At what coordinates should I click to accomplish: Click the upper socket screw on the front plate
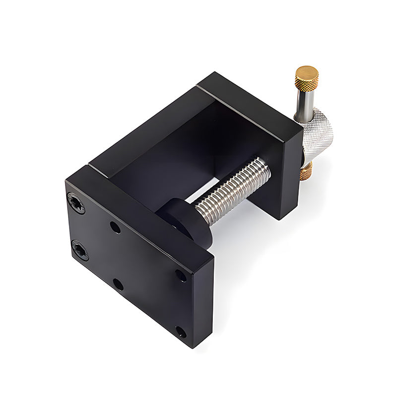coord(76,203)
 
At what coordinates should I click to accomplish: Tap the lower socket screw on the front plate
coord(79,250)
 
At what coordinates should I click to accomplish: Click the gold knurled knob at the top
coord(307,78)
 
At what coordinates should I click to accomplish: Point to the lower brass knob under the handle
coord(306,172)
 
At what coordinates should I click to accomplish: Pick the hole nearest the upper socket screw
coord(115,228)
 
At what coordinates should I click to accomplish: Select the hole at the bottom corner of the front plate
coord(181,331)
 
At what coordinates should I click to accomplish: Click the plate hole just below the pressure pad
coord(181,275)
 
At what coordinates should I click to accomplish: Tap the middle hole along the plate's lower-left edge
coord(118,284)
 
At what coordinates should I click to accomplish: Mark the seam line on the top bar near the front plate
coord(97,168)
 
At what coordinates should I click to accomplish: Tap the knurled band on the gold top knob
coord(307,83)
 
